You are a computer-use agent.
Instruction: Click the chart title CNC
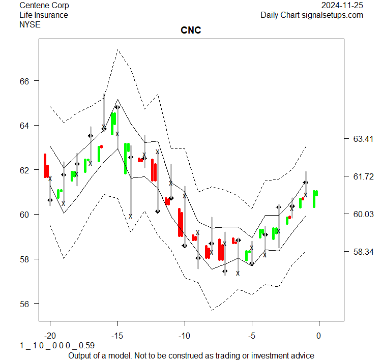tap(191, 31)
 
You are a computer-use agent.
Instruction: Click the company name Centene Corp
tap(44, 6)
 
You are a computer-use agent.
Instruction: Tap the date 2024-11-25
tap(342, 6)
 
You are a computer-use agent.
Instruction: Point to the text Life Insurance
tap(44, 15)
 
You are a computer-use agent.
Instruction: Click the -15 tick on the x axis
tap(117, 336)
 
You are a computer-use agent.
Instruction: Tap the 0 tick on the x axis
tap(319, 336)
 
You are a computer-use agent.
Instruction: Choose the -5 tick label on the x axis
tap(252, 336)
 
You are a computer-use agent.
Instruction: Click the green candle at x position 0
tap(315, 198)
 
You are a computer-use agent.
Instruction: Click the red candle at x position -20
tap(46, 166)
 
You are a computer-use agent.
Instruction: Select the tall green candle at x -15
tap(113, 123)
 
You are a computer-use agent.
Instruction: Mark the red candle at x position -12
tap(153, 170)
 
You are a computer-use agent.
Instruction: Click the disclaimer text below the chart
tap(191, 355)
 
